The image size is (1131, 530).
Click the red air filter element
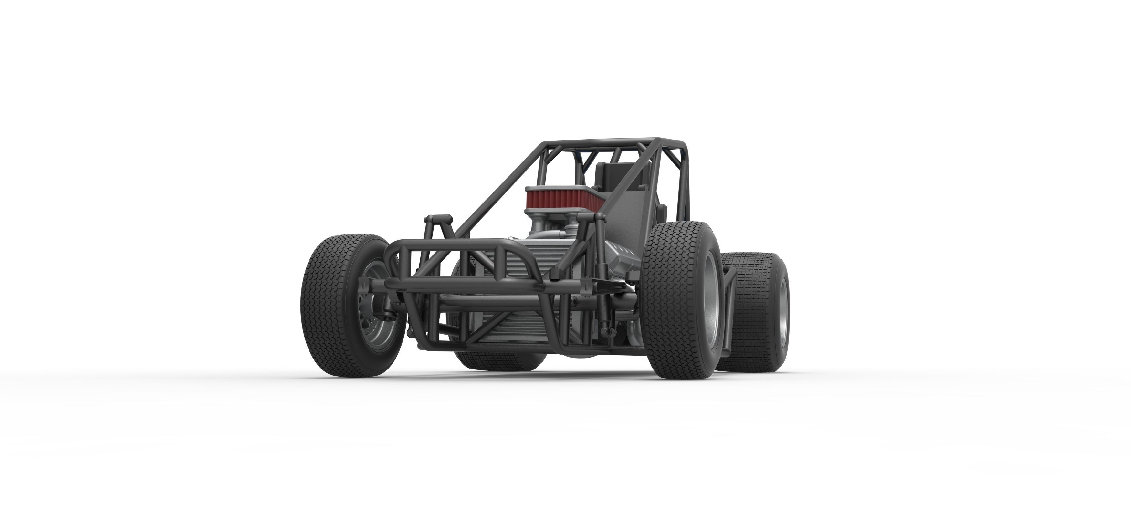pos(557,199)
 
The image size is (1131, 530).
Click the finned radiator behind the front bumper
pos(518,272)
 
